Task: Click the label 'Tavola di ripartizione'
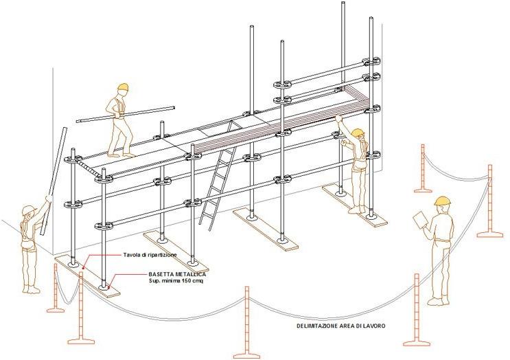(x=150, y=255)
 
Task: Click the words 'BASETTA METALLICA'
(x=177, y=274)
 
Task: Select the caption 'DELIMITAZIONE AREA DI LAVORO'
(x=341, y=326)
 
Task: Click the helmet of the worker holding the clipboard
(x=443, y=201)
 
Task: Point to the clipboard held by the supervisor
(x=420, y=219)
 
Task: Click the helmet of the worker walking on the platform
(x=124, y=87)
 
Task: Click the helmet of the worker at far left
(x=28, y=209)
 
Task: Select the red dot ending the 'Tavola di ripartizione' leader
(x=84, y=268)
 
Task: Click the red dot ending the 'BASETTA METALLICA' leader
(x=109, y=287)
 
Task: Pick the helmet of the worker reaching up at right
(x=358, y=132)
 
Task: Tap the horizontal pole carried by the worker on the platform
(x=126, y=113)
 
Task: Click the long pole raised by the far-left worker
(x=55, y=181)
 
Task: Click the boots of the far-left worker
(x=31, y=289)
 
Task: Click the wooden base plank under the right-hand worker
(x=354, y=205)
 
